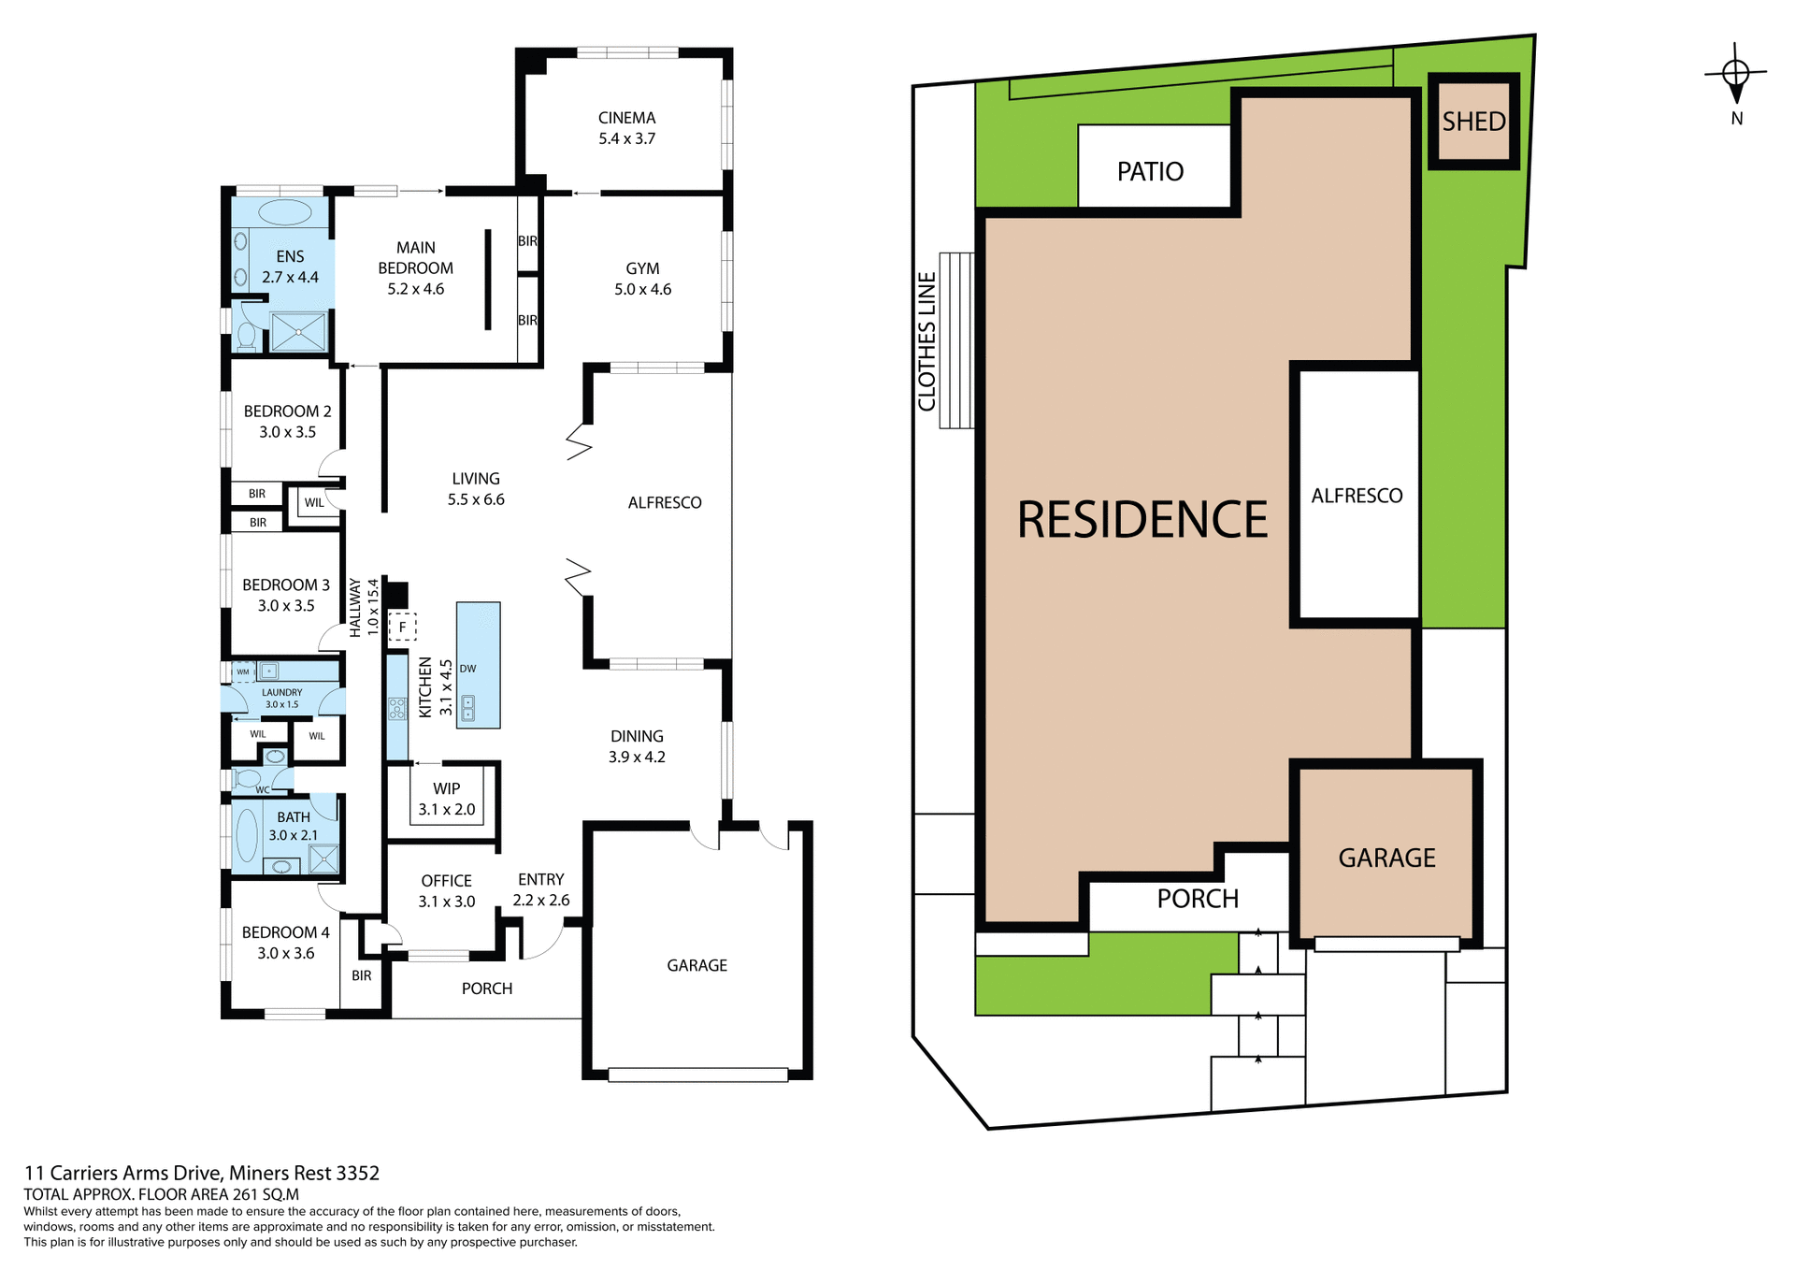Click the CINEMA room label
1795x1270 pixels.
click(626, 119)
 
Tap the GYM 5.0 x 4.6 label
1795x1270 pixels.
click(642, 279)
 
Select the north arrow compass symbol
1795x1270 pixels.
click(1735, 75)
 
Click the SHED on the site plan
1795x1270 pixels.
click(1473, 122)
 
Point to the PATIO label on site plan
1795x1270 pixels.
click(1150, 172)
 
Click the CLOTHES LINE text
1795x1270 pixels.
click(926, 341)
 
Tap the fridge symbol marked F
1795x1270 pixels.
click(402, 627)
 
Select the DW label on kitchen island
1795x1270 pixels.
click(467, 669)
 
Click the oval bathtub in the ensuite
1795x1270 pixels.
click(284, 212)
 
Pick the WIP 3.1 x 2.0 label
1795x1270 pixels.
click(446, 799)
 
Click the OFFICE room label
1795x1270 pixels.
click(446, 881)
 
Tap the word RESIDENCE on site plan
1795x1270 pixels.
click(1142, 520)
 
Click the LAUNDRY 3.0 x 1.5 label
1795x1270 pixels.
click(281, 698)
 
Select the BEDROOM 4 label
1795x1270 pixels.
click(285, 932)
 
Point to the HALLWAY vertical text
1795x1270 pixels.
click(355, 608)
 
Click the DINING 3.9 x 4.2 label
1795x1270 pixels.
click(637, 746)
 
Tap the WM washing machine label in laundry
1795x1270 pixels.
click(243, 671)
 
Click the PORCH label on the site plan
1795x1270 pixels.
click(1197, 899)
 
